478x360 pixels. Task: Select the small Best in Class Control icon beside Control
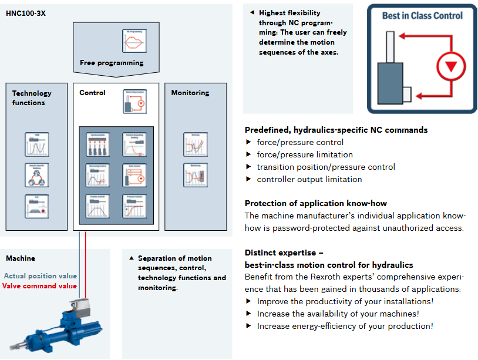tap(134, 101)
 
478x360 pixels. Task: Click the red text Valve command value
tap(39, 286)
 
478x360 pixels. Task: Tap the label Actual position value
tap(41, 276)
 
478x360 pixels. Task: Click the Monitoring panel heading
tap(190, 93)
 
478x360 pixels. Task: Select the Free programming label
tap(112, 63)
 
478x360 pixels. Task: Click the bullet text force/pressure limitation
tap(305, 154)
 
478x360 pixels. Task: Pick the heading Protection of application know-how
tap(311, 203)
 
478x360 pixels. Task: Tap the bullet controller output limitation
tap(309, 179)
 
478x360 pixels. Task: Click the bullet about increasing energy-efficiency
tap(345, 326)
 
